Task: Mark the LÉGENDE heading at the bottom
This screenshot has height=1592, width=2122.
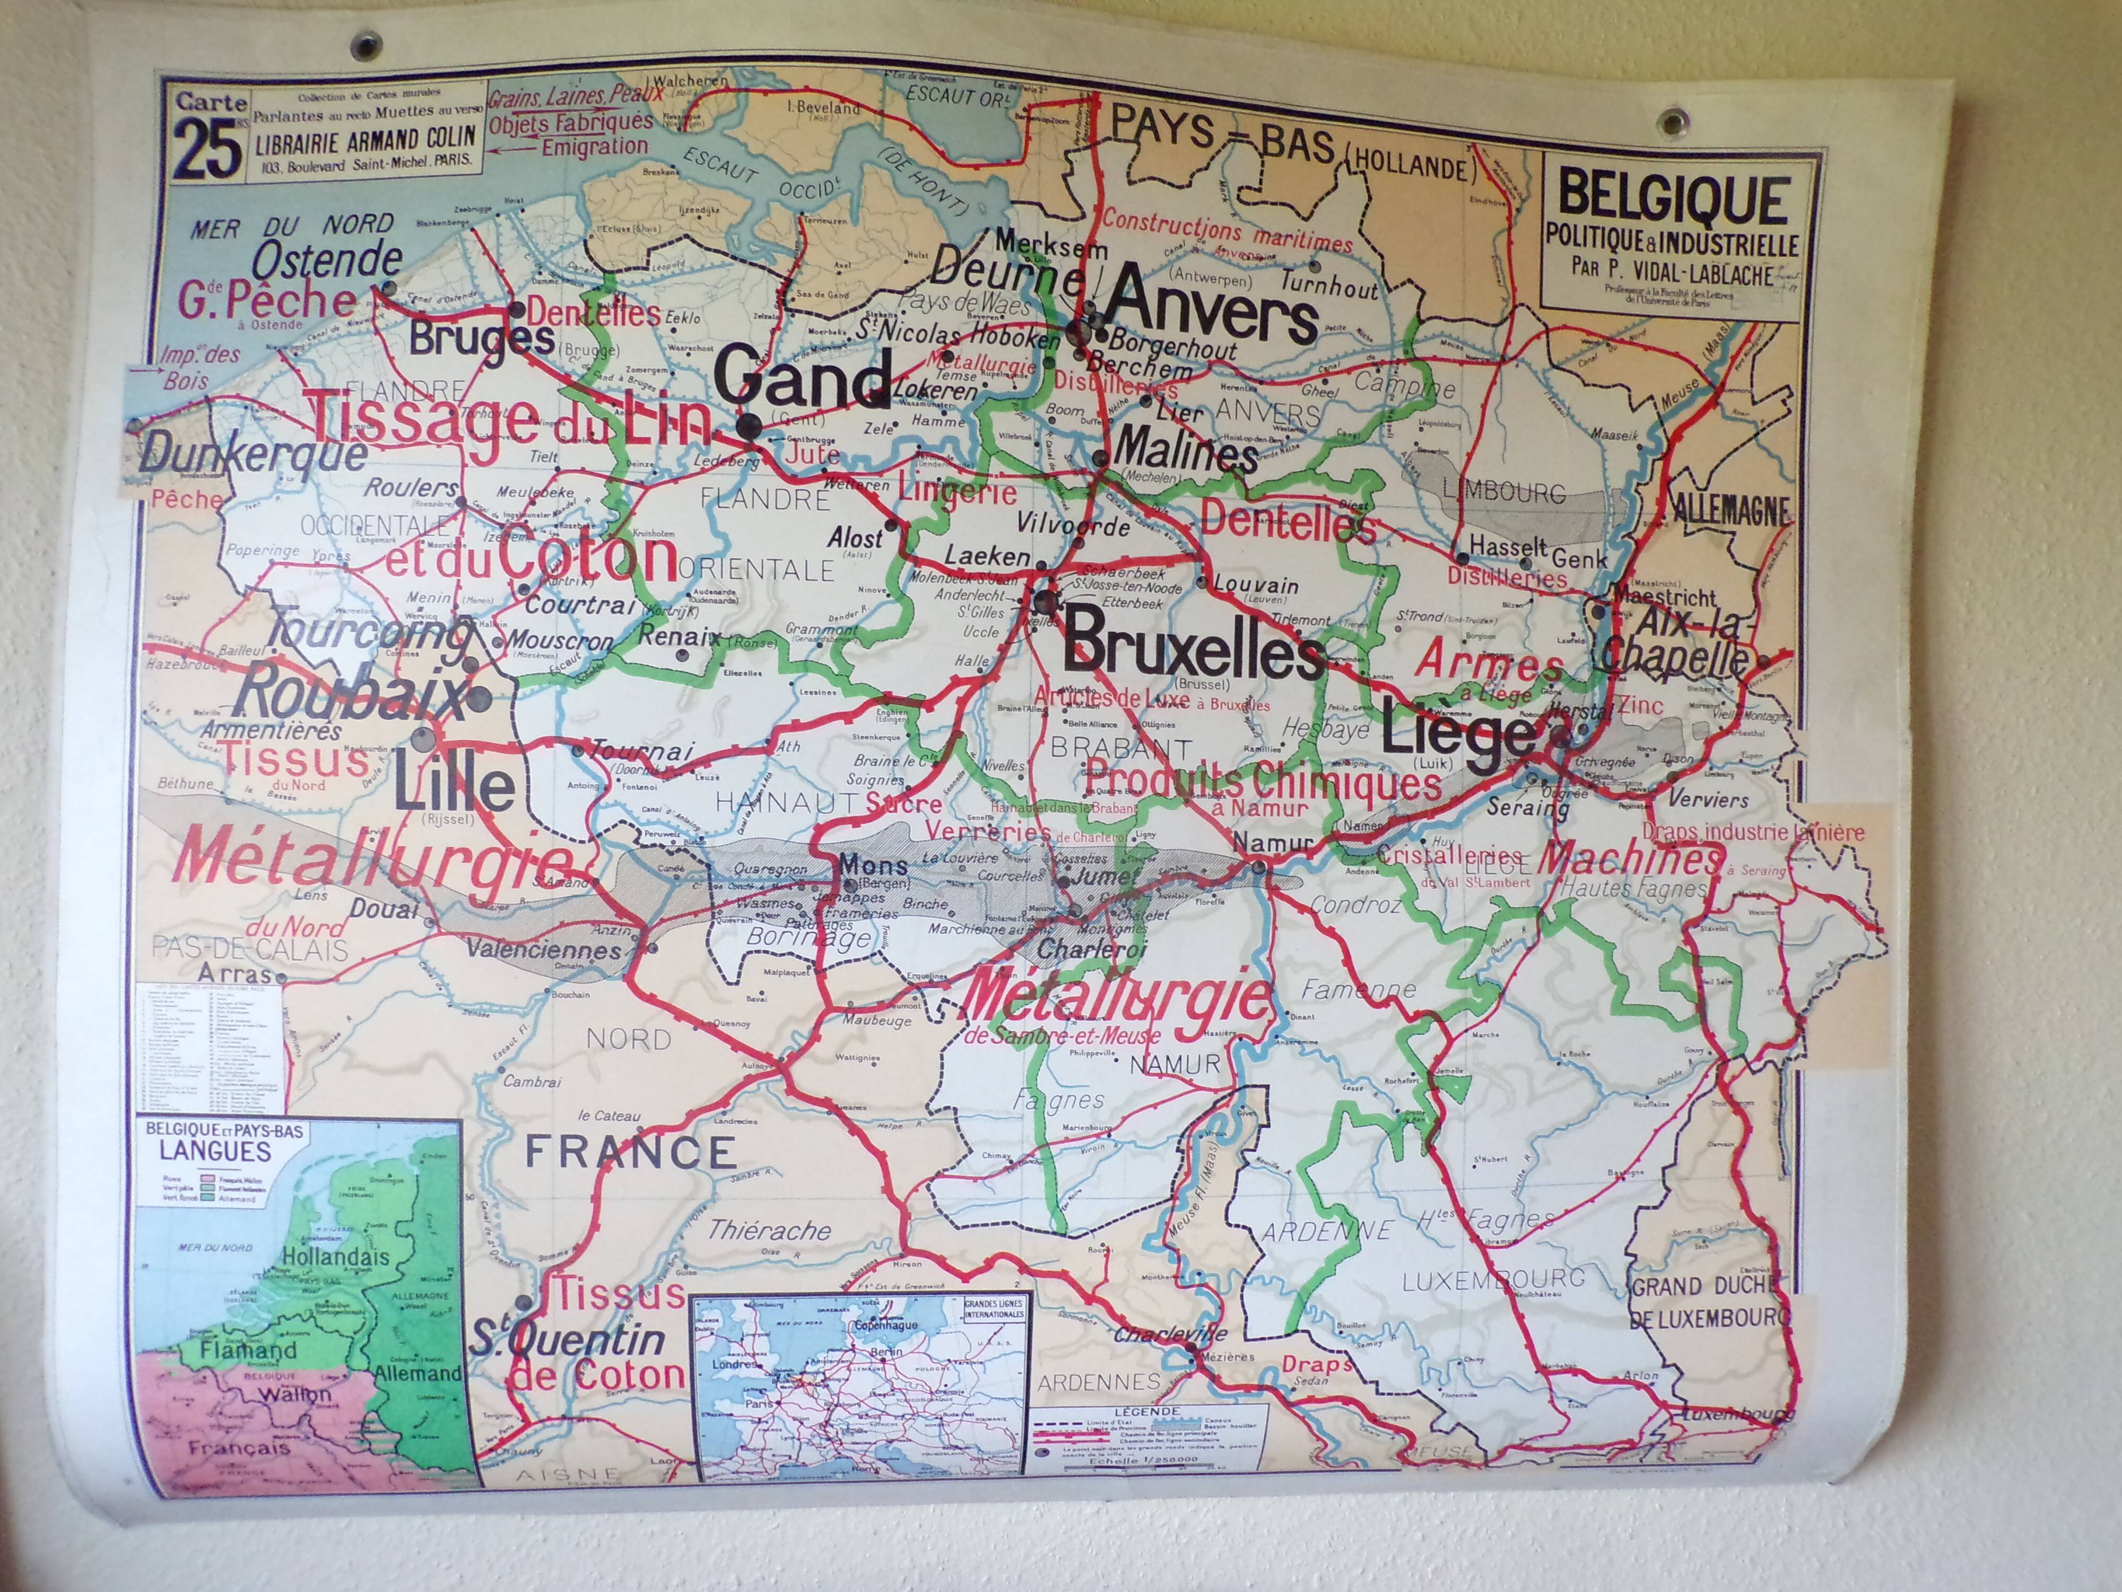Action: coord(1147,1412)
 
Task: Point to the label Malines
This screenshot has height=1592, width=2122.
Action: coord(1187,449)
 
